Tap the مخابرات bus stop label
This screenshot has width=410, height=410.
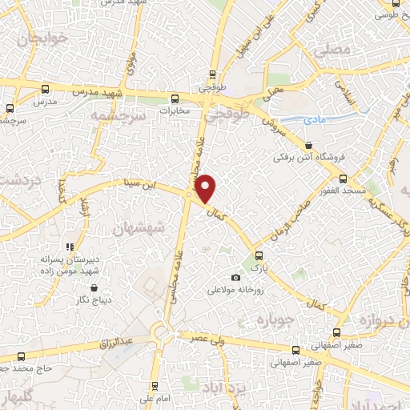click(178, 111)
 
